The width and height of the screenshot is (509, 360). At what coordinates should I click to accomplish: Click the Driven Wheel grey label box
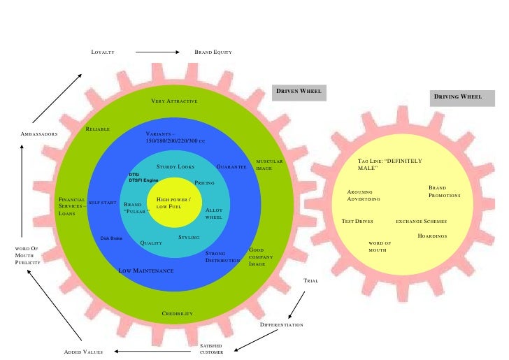click(x=299, y=93)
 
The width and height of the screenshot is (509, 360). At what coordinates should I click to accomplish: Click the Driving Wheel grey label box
click(x=457, y=96)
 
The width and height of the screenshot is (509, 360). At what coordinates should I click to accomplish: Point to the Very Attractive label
click(x=174, y=102)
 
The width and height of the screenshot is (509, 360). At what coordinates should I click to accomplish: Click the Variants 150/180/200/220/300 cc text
click(x=175, y=137)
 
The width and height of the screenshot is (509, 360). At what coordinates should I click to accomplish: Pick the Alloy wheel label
click(x=214, y=213)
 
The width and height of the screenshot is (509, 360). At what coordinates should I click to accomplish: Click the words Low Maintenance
click(x=146, y=271)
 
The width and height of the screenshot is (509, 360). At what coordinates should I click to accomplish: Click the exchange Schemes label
click(x=421, y=221)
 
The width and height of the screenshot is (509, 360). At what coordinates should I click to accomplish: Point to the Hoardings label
click(x=432, y=236)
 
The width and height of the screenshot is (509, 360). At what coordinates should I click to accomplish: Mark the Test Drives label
click(x=357, y=221)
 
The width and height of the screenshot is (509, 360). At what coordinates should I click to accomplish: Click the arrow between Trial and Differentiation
click(x=296, y=303)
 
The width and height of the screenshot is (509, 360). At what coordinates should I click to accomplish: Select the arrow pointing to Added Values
click(x=136, y=351)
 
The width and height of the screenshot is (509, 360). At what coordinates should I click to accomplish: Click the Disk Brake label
click(x=111, y=238)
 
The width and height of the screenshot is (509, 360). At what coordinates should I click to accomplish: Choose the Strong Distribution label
click(x=222, y=257)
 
